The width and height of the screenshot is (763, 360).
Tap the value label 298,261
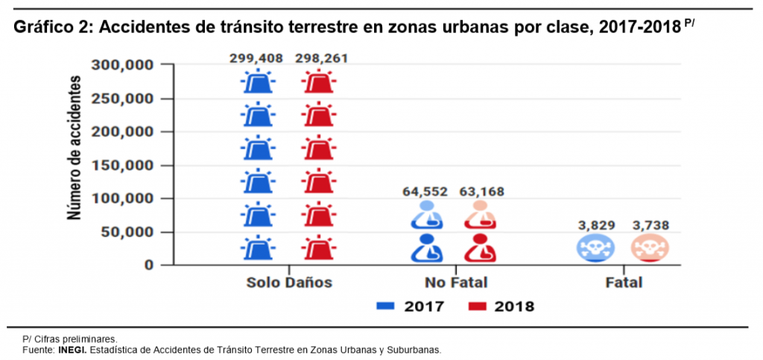pos(321,58)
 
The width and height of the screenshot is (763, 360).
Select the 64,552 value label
pos(425,192)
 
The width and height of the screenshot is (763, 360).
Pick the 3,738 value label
pos(651,225)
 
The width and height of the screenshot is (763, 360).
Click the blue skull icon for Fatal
pos(595,248)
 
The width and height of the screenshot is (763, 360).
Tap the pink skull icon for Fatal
pos(650,248)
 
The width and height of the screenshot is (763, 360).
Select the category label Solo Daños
pos(289,283)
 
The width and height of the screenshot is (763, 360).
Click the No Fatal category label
pos(456,283)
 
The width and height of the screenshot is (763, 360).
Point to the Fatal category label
pos(623,283)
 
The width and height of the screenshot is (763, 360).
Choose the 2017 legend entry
pos(411,306)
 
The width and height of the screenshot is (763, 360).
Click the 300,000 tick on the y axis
pos(123,65)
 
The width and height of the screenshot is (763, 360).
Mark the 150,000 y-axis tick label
pos(123,165)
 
